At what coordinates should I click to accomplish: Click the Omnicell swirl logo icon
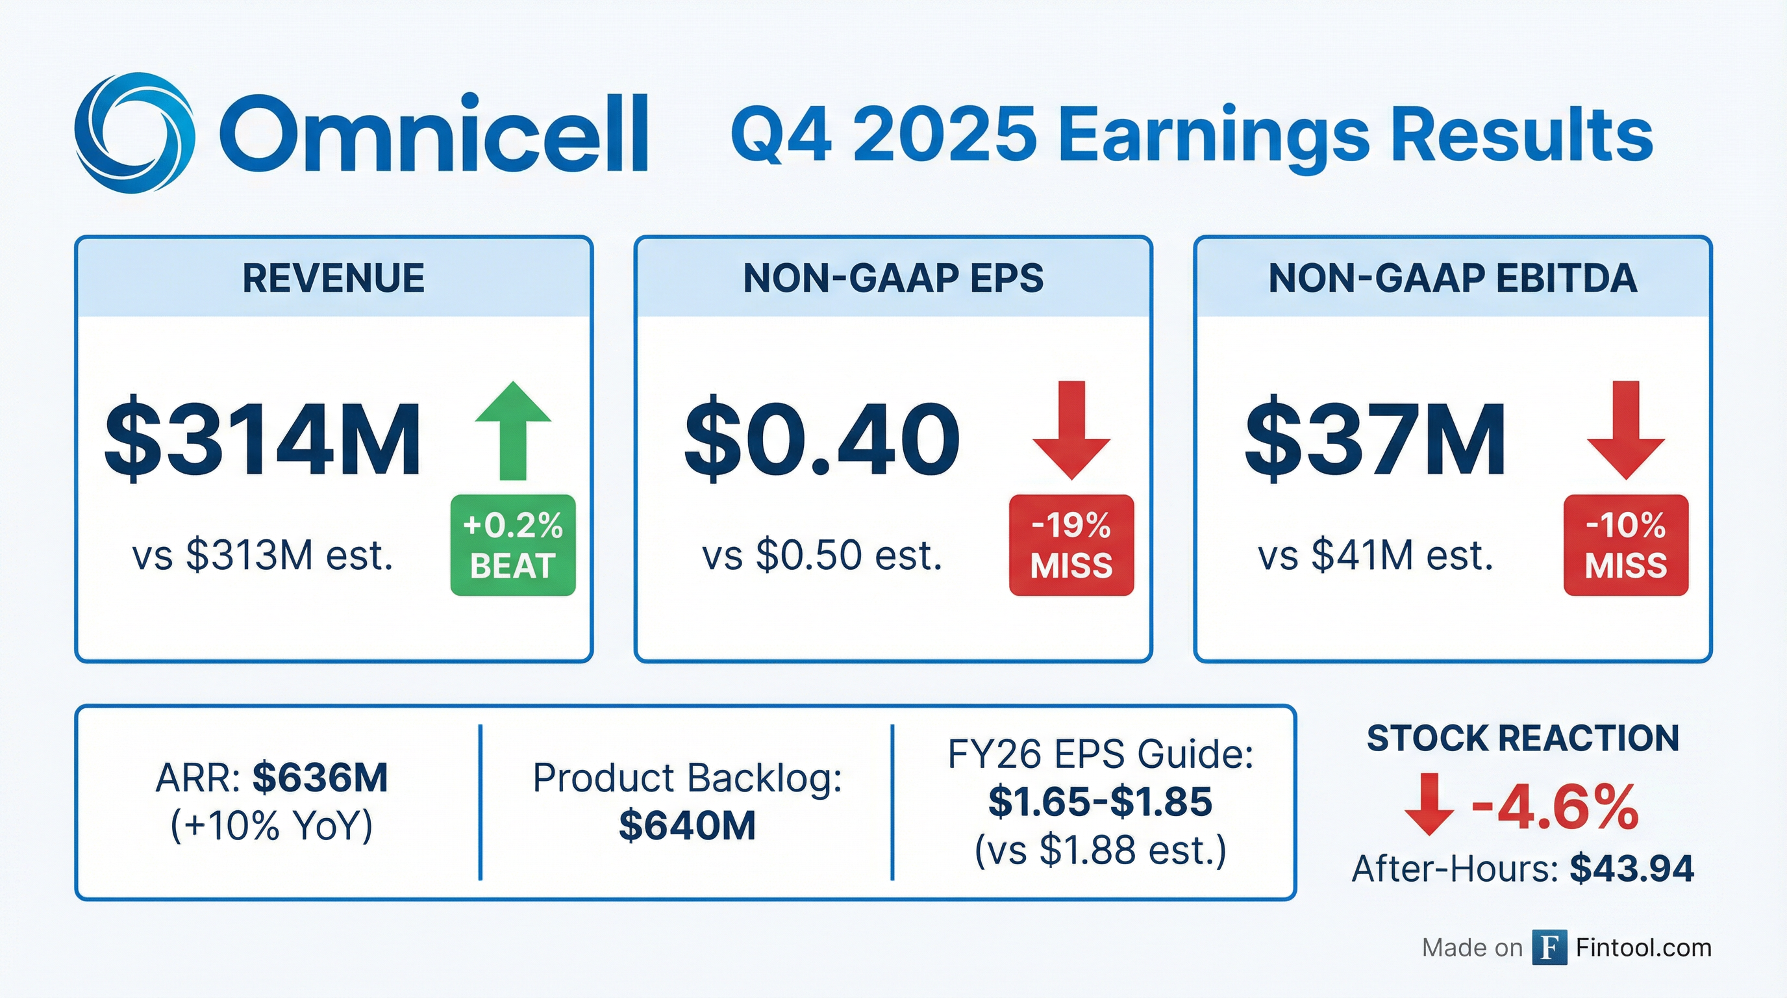(x=134, y=133)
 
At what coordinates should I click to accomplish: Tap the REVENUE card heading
(x=333, y=278)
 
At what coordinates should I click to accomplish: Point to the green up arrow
(x=514, y=430)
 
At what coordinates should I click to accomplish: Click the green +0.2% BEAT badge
(x=514, y=544)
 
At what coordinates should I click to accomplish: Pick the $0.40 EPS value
(x=822, y=439)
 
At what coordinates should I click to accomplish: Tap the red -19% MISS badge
(x=1072, y=544)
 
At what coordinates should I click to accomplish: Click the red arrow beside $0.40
(x=1072, y=430)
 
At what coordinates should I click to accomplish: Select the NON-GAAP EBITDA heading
(x=1453, y=278)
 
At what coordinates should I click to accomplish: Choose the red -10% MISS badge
(x=1626, y=544)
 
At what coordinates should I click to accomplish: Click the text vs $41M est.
(x=1375, y=556)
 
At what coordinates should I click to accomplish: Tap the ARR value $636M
(x=319, y=777)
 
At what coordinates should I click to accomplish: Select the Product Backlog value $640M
(x=687, y=826)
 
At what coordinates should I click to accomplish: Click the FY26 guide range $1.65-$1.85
(x=1100, y=802)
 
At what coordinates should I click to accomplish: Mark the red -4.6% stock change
(x=1555, y=808)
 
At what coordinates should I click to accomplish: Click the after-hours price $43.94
(x=1632, y=868)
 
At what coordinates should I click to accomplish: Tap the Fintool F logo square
(x=1550, y=947)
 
